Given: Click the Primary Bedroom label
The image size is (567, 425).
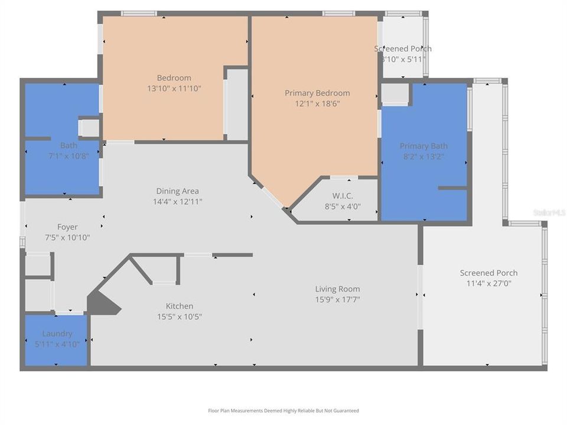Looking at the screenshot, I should [x=317, y=93].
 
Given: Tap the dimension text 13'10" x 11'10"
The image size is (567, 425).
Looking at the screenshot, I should [x=174, y=89].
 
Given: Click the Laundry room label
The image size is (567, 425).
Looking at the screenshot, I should [x=57, y=334].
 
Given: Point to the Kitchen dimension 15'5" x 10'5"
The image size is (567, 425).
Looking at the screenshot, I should [x=179, y=316].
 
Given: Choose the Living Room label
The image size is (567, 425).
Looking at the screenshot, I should [x=337, y=289].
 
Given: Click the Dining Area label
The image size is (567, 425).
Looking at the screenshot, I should [x=177, y=191].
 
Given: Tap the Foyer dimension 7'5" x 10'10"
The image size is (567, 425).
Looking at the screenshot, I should [x=67, y=237].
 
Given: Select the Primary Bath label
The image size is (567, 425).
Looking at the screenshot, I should [x=423, y=146].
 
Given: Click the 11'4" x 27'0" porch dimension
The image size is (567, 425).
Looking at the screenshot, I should [x=488, y=283].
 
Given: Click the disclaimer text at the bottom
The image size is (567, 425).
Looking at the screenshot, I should [x=283, y=411].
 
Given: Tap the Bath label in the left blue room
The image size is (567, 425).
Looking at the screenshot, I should [x=69, y=145].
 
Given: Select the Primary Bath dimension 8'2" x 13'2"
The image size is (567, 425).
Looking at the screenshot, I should [x=423, y=156].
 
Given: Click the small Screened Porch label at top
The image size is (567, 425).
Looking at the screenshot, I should [x=403, y=48].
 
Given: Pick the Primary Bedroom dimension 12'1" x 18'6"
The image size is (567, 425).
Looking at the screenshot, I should [x=317, y=103].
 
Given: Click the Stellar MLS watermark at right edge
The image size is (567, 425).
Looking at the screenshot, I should [x=549, y=212].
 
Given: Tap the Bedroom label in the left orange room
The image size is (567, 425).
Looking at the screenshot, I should [x=174, y=78].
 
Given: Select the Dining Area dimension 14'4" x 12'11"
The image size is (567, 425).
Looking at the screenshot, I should [x=177, y=201].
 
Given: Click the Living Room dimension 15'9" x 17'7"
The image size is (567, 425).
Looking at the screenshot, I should [x=337, y=299].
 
